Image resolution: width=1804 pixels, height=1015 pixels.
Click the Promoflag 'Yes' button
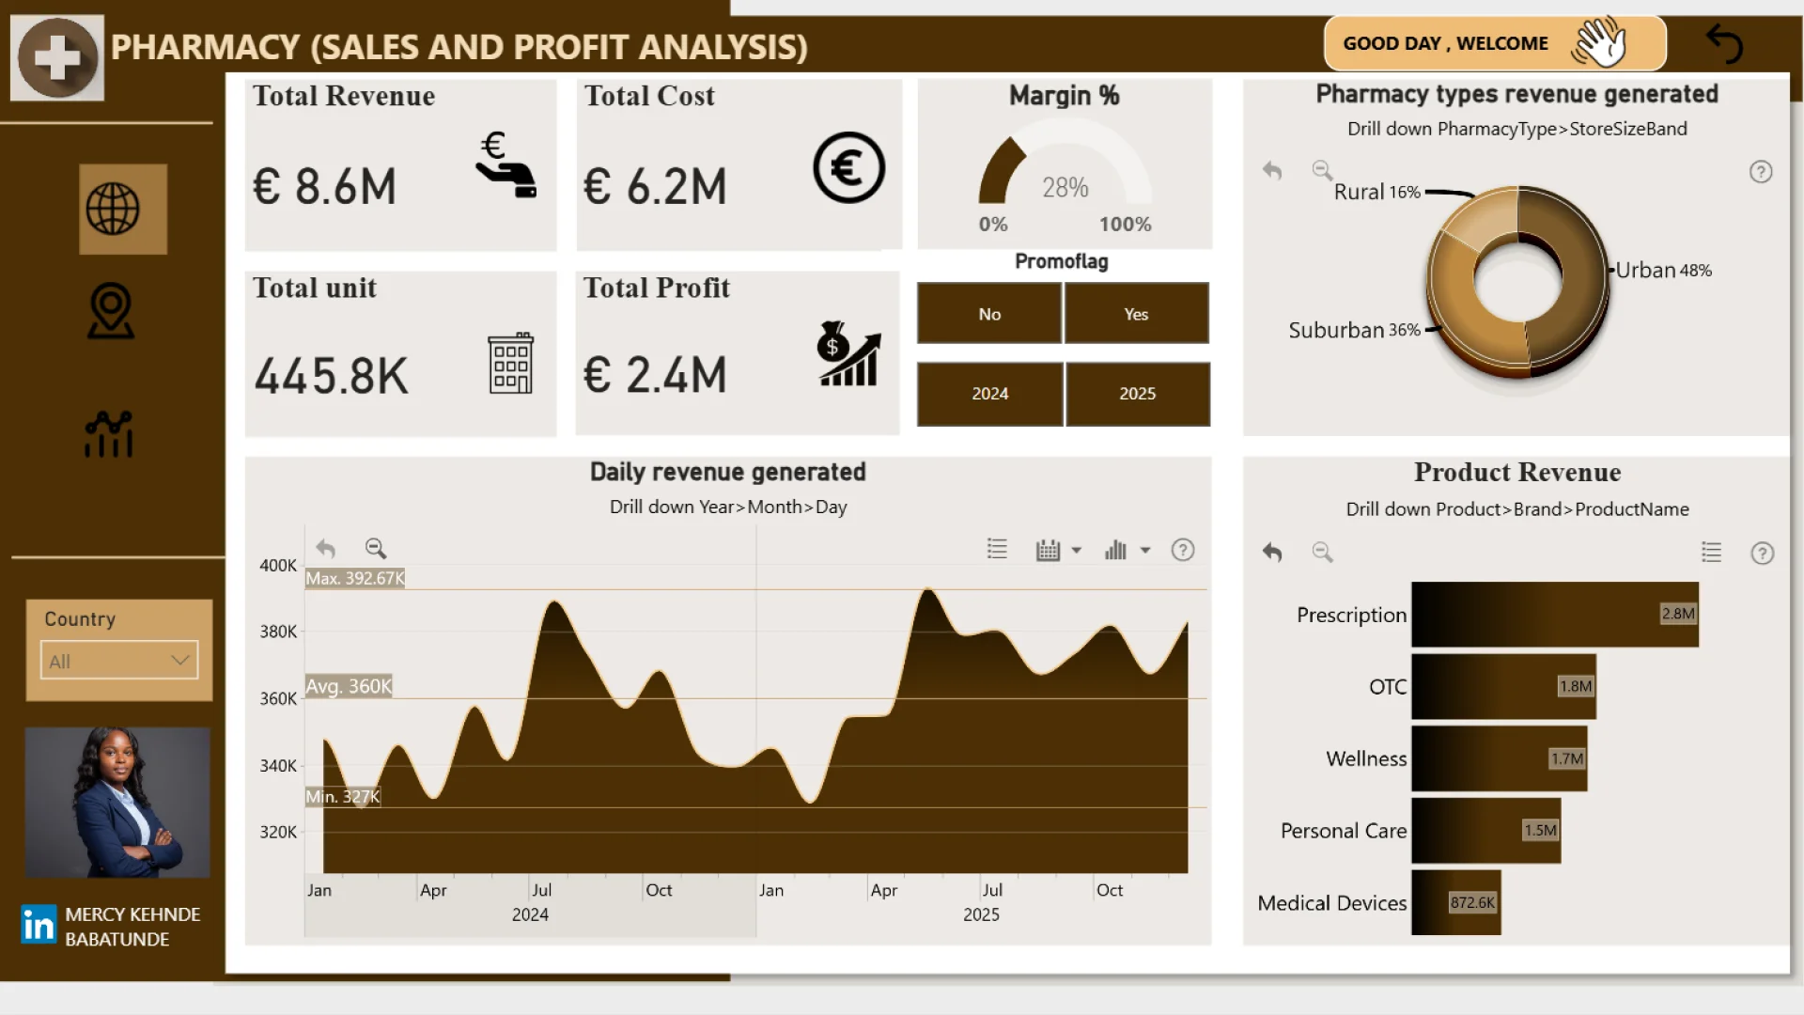click(x=1136, y=314)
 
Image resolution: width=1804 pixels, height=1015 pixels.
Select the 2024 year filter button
click(x=989, y=394)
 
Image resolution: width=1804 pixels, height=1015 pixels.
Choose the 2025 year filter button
click(x=1137, y=394)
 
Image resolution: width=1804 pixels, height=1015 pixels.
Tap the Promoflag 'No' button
click(x=989, y=314)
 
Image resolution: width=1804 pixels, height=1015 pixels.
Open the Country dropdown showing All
click(x=119, y=661)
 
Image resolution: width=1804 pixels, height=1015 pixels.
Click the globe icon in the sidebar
click(x=113, y=209)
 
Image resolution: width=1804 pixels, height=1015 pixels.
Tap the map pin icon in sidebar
click(x=111, y=311)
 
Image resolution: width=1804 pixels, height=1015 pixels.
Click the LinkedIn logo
click(x=39, y=925)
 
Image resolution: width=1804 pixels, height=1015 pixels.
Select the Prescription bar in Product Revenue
click(x=1554, y=615)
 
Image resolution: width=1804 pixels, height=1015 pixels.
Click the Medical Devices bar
click(x=1455, y=902)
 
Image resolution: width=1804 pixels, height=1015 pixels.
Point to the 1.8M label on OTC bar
click(x=1576, y=686)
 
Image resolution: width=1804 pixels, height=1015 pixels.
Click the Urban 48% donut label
click(x=1663, y=271)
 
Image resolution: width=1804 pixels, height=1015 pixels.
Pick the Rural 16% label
click(x=1376, y=192)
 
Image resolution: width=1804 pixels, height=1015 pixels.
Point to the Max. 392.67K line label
click(x=355, y=578)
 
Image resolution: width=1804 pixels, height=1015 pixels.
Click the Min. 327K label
click(x=343, y=797)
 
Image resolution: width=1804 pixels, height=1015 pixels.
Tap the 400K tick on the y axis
click(x=278, y=565)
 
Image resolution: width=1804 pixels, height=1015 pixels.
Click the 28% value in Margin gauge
click(x=1065, y=188)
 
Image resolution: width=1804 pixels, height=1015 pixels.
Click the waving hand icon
click(x=1599, y=42)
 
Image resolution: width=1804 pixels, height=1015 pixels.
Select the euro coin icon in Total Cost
click(x=848, y=168)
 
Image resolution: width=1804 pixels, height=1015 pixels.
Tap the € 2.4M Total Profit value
click(x=655, y=375)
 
